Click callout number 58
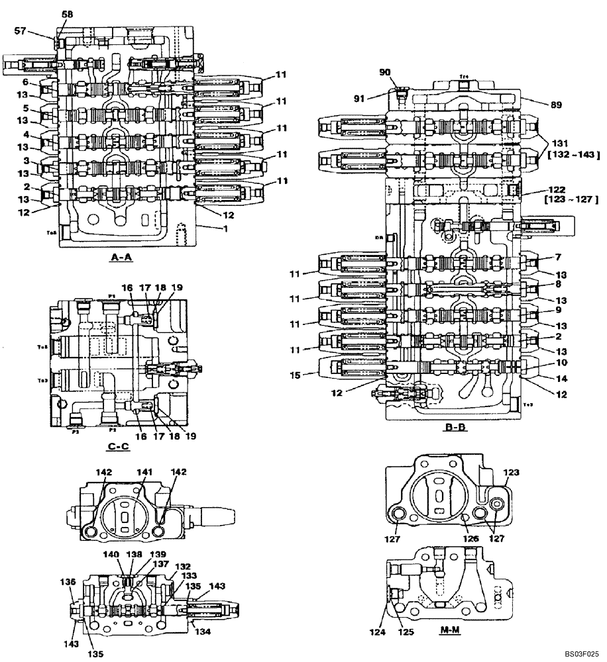tap(68, 14)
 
